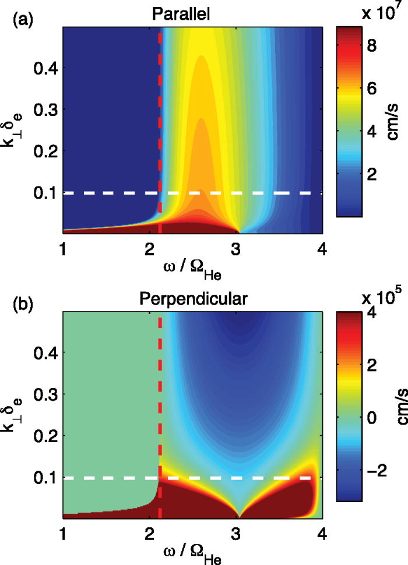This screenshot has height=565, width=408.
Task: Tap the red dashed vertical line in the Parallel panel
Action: point(159,116)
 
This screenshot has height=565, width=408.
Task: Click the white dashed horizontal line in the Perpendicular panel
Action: point(233,478)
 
